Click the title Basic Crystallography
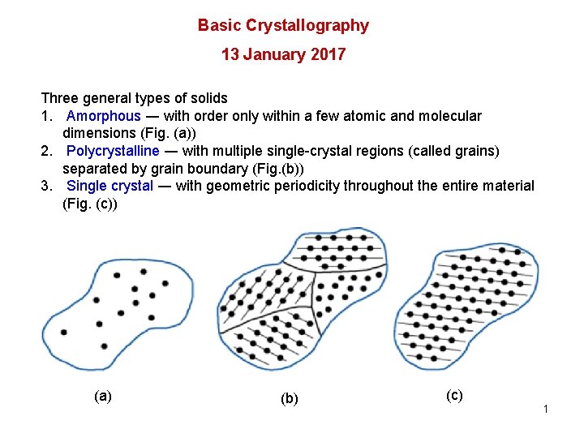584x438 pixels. (283, 25)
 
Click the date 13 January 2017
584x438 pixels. (283, 55)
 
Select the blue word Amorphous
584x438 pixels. (103, 116)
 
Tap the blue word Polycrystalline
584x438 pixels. (113, 151)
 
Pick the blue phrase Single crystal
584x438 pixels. (109, 186)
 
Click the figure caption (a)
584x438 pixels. (103, 396)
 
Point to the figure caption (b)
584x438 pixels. (289, 398)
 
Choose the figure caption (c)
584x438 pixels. (454, 395)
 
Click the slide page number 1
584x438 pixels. (546, 409)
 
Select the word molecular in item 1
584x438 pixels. (451, 116)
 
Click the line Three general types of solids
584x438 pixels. (134, 98)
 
